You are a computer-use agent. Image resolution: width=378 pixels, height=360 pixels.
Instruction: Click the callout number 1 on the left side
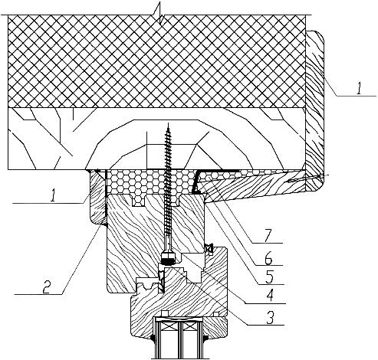click(53, 196)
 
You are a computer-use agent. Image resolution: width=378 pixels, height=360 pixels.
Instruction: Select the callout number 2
click(47, 286)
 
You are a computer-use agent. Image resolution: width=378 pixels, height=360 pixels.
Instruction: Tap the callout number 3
click(270, 317)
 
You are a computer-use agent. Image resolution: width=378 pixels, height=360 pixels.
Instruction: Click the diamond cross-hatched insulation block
click(156, 61)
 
